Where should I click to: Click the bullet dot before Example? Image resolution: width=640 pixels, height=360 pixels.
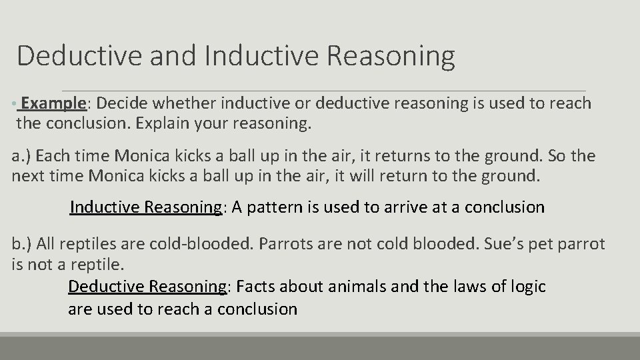[14, 105]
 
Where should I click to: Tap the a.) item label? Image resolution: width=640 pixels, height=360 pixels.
[21, 156]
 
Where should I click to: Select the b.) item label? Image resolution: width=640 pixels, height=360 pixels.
[22, 244]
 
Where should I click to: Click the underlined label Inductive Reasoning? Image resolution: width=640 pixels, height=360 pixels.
[145, 207]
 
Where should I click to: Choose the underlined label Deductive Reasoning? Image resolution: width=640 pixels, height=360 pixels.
[147, 287]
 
